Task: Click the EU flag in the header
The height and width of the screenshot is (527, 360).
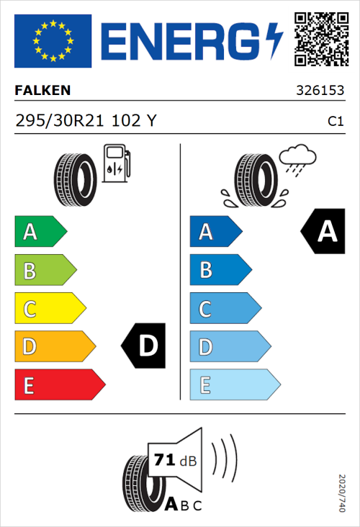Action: tap(53, 40)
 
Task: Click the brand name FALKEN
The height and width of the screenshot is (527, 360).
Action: tap(42, 91)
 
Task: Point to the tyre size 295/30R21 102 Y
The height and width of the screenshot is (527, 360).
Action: tap(86, 121)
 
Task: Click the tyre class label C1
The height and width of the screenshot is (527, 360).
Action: tap(335, 122)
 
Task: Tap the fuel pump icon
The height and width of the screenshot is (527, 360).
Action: tap(116, 163)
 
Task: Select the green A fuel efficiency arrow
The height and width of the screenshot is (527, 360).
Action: tap(40, 232)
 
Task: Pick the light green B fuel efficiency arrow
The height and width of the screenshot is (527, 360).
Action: tap(45, 271)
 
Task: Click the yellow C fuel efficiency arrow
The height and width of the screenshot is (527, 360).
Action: tap(50, 309)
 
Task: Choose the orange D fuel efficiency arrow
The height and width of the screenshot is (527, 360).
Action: tap(55, 347)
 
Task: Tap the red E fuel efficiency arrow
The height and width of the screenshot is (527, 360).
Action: tap(59, 385)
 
